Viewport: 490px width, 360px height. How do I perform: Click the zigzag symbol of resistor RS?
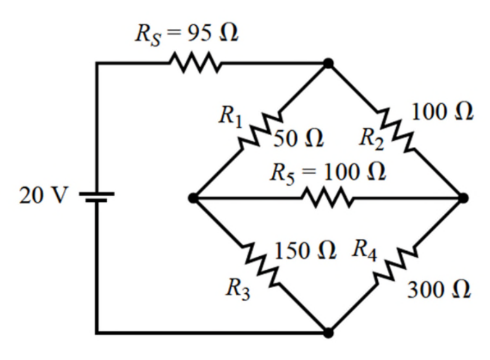coord(196,63)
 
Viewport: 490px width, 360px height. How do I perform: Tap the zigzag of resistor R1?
coord(261,131)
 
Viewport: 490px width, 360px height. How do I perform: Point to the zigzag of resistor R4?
coord(396,265)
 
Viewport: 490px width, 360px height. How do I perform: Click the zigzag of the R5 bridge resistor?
coord(327,197)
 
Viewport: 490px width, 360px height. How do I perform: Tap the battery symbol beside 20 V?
coord(97,197)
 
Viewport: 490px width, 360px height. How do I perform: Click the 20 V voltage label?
coord(43,196)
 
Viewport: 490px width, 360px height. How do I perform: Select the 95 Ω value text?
coord(213,33)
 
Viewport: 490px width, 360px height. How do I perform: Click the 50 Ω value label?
coord(299,138)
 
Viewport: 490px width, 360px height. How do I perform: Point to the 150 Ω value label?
coord(305,251)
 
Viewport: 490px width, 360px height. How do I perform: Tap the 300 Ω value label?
coord(439,290)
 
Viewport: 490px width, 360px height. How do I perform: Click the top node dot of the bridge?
coord(328,63)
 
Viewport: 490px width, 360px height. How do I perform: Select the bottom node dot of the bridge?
coord(328,333)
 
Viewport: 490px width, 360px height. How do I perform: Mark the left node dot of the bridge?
coord(194,198)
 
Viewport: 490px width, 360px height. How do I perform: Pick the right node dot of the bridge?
coord(463,198)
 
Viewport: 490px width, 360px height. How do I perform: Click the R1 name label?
coord(231,117)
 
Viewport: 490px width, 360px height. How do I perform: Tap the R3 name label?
coord(238,289)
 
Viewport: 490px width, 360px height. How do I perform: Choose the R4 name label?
coord(364,250)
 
